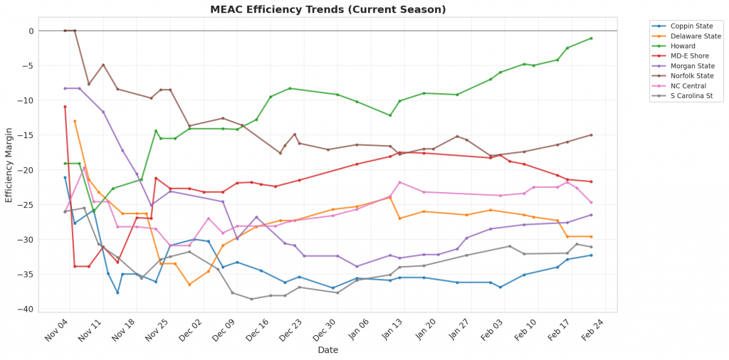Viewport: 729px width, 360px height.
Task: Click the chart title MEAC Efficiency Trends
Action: pos(328,10)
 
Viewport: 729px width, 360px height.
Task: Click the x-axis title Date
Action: pos(327,350)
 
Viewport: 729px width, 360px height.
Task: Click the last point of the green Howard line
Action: pos(591,38)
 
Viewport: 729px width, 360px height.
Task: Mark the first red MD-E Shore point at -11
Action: pos(65,107)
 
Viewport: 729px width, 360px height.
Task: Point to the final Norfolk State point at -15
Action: pos(591,135)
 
